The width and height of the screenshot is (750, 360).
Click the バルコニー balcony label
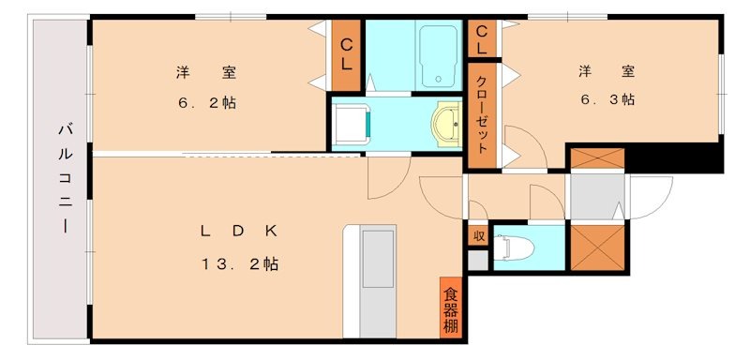click(x=65, y=178)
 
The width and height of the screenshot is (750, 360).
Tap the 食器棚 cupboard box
click(x=451, y=308)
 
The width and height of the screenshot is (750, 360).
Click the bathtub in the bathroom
click(x=437, y=54)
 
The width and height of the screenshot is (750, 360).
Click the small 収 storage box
click(x=478, y=235)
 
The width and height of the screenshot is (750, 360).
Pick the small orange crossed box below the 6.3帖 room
click(x=596, y=158)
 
